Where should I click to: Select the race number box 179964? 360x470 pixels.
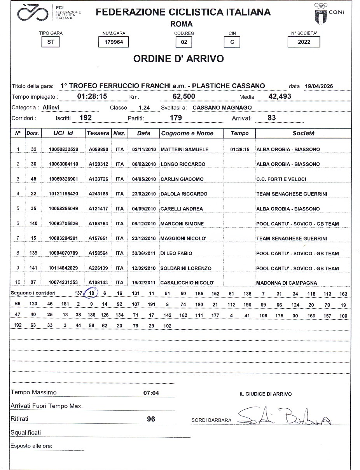(x=114, y=42)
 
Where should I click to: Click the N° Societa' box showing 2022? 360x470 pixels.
(x=304, y=42)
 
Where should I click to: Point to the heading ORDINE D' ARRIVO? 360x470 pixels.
(x=178, y=59)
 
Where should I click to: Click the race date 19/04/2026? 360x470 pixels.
(x=319, y=86)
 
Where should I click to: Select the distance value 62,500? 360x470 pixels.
(x=183, y=96)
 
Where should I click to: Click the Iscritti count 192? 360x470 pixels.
(x=86, y=118)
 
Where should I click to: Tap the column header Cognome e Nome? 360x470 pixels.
(x=187, y=133)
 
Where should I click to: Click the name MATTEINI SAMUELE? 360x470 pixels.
(x=185, y=149)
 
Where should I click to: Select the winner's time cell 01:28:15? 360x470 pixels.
(x=239, y=149)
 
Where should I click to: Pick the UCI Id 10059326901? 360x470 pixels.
(x=64, y=179)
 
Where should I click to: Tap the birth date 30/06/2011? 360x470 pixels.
(x=144, y=253)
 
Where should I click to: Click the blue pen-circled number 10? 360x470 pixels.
(x=92, y=293)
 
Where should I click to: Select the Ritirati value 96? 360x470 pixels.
(x=151, y=419)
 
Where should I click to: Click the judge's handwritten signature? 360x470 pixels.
(x=284, y=417)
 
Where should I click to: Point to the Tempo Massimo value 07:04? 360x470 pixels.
(x=151, y=393)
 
